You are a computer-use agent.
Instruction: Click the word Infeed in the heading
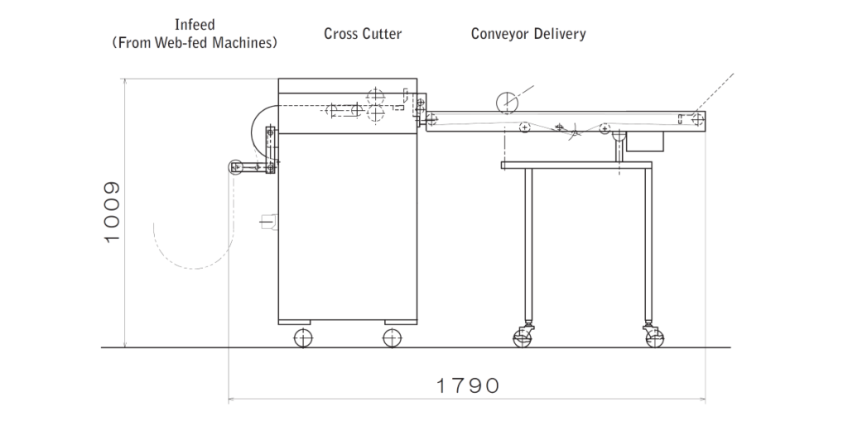(195, 26)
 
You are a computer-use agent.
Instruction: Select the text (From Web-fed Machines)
(195, 42)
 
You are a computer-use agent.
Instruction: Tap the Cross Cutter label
(363, 34)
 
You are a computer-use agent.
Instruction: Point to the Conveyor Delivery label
(528, 34)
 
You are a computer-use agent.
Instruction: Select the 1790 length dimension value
(468, 385)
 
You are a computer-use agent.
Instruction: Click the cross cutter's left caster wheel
(303, 337)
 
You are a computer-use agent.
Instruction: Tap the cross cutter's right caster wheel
(391, 337)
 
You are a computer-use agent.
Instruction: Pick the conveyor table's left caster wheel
(523, 337)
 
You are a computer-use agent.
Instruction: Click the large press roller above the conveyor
(506, 102)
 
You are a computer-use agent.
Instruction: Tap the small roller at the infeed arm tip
(236, 167)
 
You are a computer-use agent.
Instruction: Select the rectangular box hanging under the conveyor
(645, 141)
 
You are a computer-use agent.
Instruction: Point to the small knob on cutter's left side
(268, 220)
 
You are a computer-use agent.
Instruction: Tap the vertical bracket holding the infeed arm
(270, 150)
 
